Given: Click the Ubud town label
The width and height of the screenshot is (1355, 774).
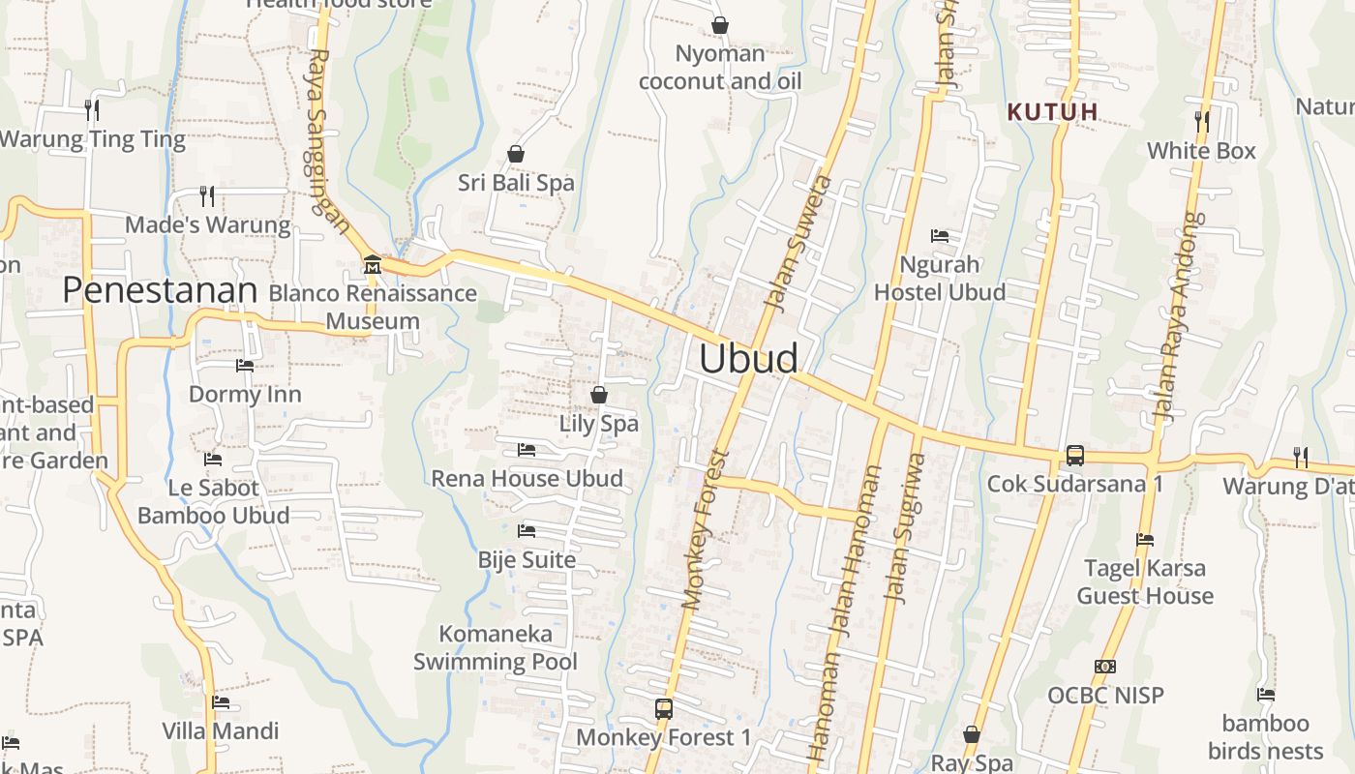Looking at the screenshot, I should click(748, 359).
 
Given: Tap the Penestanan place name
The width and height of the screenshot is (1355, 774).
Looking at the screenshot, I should click(160, 290).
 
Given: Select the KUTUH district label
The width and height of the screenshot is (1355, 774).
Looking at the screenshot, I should click(1053, 112).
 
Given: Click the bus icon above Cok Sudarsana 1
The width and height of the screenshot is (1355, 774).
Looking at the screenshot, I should click(1074, 456).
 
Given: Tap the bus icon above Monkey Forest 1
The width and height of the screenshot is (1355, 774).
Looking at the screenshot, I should click(663, 709).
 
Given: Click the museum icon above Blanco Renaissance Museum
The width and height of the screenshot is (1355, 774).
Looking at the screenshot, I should click(372, 264).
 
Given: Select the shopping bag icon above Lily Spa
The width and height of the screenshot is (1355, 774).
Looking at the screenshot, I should click(599, 395).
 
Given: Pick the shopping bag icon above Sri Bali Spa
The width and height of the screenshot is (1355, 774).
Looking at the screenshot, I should click(516, 154).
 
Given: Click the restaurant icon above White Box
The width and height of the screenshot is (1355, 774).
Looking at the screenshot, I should click(1201, 121).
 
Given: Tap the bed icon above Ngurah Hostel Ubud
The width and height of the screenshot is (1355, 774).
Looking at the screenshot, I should click(939, 235).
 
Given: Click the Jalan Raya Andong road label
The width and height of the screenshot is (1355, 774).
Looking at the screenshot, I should click(1176, 317).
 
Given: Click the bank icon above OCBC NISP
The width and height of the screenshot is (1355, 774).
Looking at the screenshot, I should click(1105, 667).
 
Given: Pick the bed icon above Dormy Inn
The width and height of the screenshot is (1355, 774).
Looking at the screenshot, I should click(245, 365).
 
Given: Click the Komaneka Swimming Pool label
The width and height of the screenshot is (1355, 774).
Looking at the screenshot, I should click(496, 647).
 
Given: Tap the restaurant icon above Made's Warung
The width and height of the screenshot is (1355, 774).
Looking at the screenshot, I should click(207, 196).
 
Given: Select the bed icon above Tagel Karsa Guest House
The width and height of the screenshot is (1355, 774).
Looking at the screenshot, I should click(1145, 540).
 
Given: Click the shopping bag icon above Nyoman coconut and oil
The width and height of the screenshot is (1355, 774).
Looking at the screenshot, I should click(720, 25).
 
